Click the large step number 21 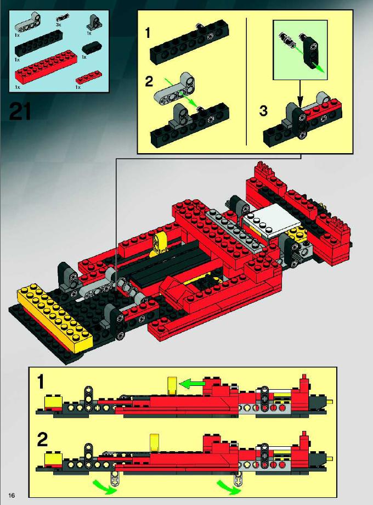20,111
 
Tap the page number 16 12,495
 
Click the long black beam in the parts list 38,43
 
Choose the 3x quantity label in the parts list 58,24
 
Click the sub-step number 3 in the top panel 263,111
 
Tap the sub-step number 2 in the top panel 149,81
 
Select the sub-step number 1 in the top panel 148,33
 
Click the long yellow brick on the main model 54,317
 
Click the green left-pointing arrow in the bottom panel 192,384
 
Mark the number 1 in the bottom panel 41,382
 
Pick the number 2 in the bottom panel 42,439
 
